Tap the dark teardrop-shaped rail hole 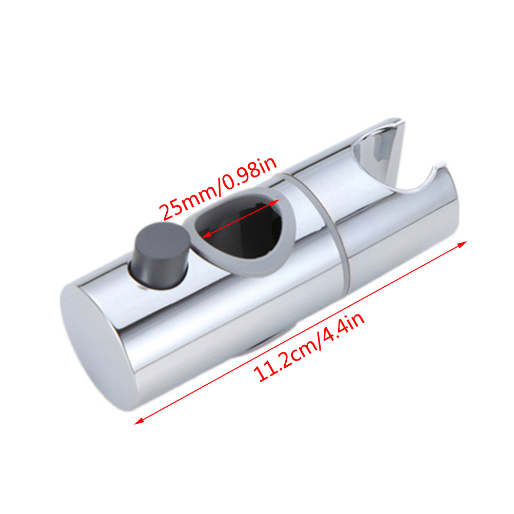(x=239, y=227)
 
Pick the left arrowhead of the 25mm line (x=206, y=235)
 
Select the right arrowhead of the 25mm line (x=275, y=202)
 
